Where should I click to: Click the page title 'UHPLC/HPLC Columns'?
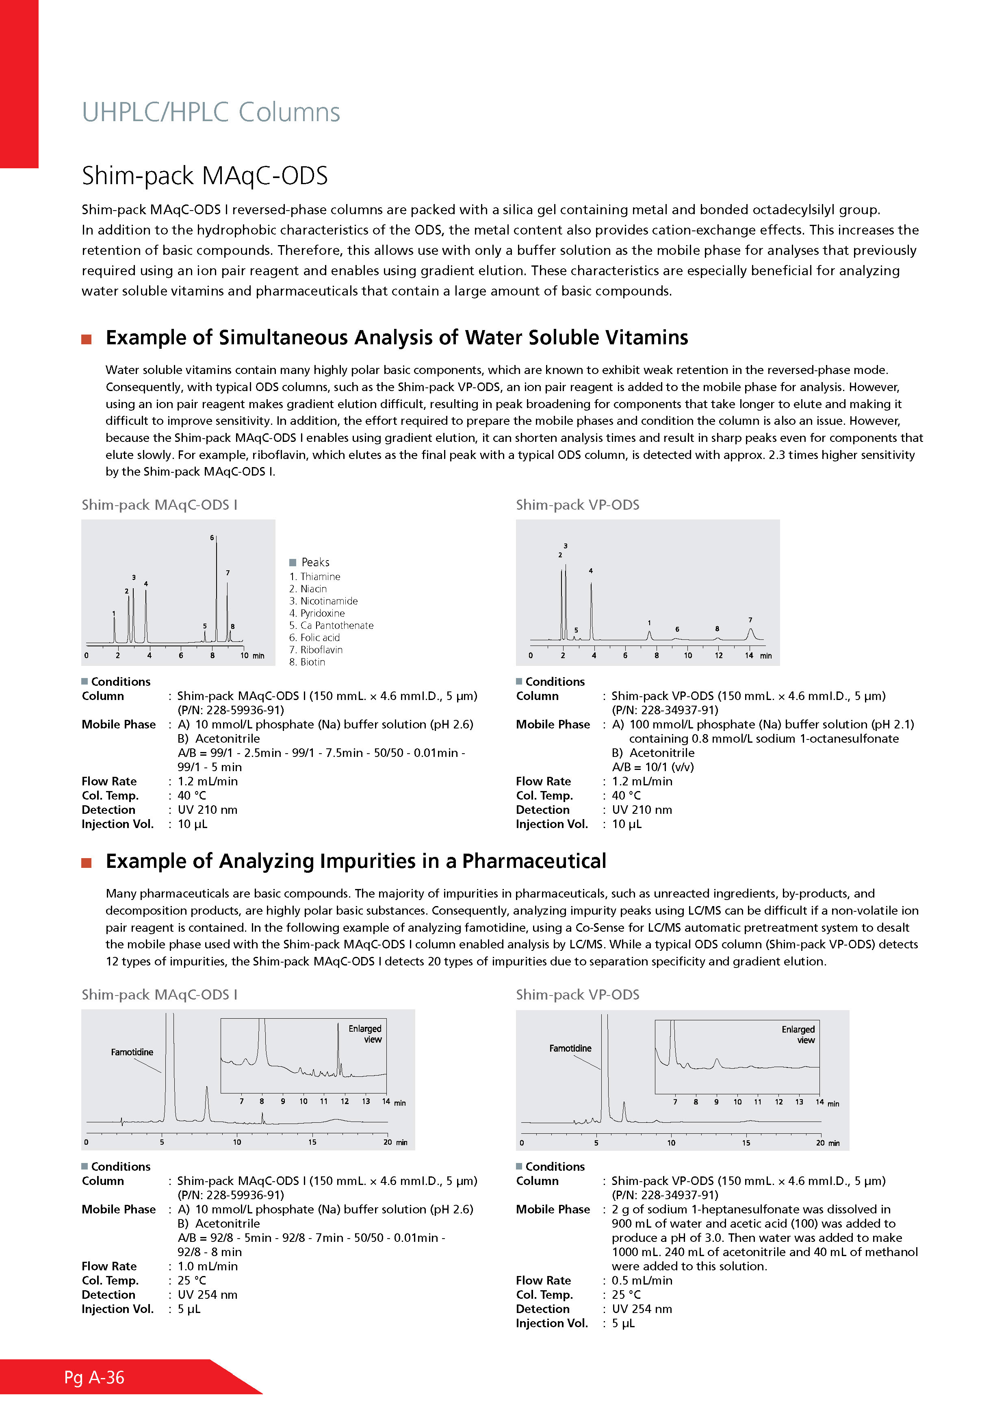[211, 113]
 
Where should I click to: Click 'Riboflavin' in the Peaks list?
[321, 650]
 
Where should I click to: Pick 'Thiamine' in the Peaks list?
[320, 576]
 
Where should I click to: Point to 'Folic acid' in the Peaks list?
[320, 637]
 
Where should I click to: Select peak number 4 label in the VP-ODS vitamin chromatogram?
[591, 570]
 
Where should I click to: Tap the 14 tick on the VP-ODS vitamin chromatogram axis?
[749, 655]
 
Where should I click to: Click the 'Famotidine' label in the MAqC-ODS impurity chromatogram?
[132, 1052]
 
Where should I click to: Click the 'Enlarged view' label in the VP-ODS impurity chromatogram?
[799, 1034]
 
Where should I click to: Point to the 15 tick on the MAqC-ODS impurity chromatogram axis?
[312, 1141]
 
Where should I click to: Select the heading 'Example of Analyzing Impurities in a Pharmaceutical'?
[356, 861]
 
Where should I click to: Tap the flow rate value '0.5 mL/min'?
[642, 1280]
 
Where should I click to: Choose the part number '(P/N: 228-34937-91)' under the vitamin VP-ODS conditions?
[665, 710]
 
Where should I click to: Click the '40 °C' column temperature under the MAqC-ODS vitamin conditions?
[192, 795]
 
